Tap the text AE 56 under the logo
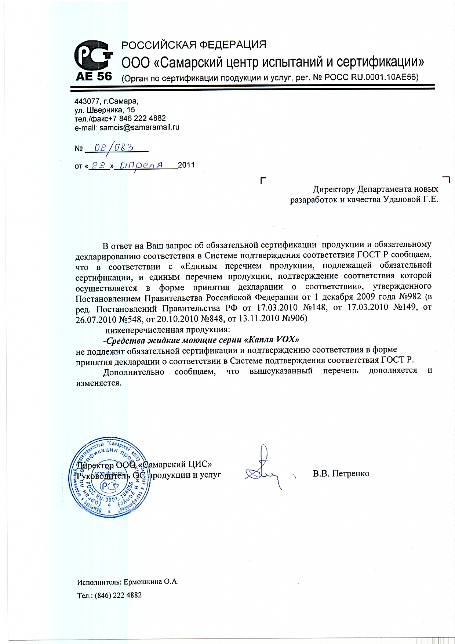coord(94,76)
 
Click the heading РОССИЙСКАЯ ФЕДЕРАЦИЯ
coord(194,45)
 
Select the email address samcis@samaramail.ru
coord(139,127)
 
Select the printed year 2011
coord(186,165)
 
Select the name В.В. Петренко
coord(341,473)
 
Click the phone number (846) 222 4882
coord(118,595)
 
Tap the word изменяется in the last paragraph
coord(98,383)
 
